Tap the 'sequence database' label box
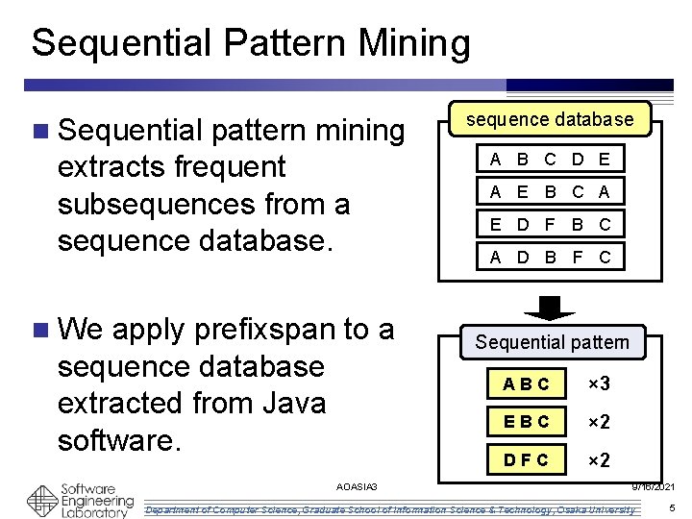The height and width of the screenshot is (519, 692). click(550, 119)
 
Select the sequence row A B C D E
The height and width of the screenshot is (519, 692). click(550, 159)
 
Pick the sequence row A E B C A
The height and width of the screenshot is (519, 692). click(550, 191)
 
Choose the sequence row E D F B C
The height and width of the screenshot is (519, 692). click(550, 224)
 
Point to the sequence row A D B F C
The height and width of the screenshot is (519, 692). click(550, 257)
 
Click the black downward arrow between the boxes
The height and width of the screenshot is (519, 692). click(550, 307)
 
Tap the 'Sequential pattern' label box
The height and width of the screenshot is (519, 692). click(552, 342)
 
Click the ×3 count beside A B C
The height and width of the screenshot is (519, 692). click(600, 384)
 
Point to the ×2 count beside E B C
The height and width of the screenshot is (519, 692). click(600, 421)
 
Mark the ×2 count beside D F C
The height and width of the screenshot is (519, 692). click(600, 459)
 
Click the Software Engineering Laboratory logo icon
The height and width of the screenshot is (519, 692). click(42, 500)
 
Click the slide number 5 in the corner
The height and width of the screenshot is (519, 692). click(672, 507)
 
